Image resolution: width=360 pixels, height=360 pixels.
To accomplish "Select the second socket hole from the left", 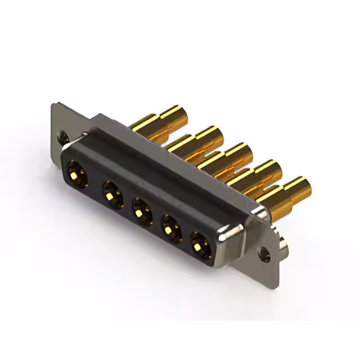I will coord(112,194).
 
